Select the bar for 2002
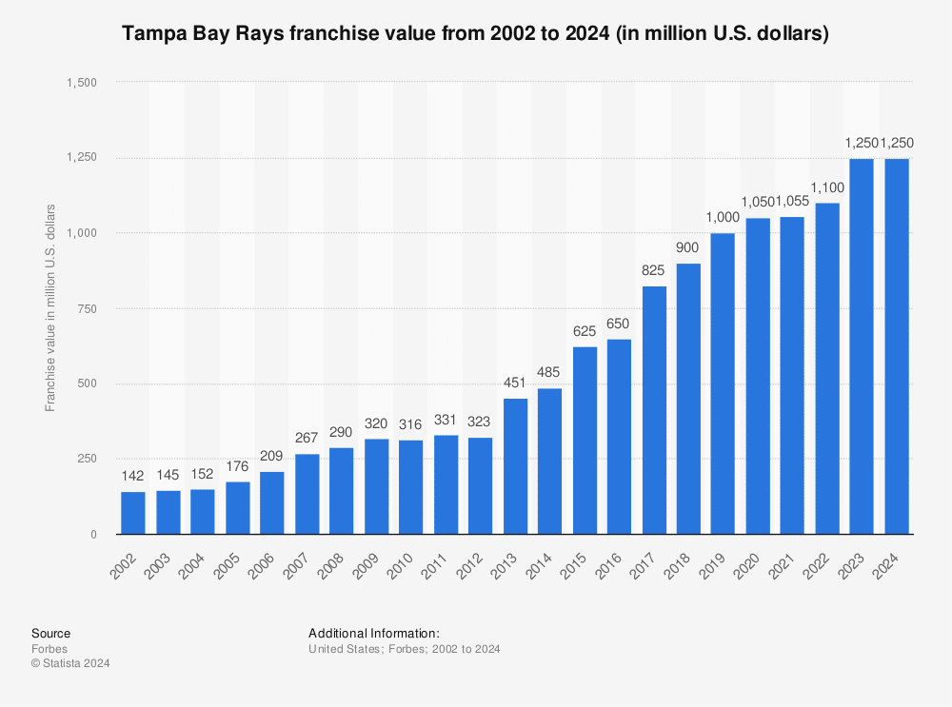133,513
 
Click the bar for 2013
515,466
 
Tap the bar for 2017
654,410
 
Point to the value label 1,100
827,187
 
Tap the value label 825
654,269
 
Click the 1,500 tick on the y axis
81,83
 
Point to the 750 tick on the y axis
88,308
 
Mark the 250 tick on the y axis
88,459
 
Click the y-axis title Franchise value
50,306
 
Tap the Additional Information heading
373,633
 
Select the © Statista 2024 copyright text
70,663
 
